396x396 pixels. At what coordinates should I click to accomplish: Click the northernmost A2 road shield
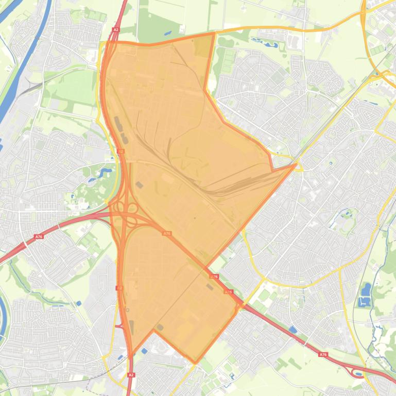pos(116,30)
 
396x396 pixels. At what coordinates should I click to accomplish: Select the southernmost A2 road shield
pos(131,375)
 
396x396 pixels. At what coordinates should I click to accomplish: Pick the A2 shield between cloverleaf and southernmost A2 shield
pos(119,288)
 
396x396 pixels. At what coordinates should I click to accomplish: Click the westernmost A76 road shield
pos(39,237)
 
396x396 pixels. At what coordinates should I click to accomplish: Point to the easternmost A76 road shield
pos(323,354)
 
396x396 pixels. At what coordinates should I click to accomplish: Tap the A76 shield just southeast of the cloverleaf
pos(167,233)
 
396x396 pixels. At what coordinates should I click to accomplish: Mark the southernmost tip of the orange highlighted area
pos(195,363)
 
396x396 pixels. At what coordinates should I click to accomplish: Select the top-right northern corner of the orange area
pos(214,33)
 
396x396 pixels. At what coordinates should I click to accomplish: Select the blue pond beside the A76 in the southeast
pos(293,329)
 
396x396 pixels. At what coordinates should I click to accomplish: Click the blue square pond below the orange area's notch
pos(144,351)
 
